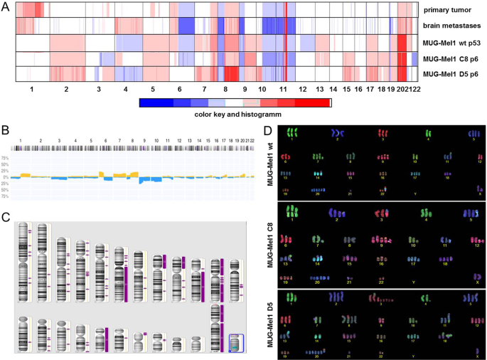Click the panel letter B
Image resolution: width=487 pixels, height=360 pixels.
5,131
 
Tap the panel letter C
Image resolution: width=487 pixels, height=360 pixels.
5,218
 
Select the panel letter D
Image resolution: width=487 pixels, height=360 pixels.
267,131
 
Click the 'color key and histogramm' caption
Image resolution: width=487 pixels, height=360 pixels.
235,113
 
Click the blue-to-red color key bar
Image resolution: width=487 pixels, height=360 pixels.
235,102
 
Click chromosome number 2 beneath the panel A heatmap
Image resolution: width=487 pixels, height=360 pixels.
65,90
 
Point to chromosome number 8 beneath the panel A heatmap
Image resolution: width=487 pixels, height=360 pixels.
226,90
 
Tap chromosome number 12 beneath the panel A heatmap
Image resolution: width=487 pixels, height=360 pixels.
302,90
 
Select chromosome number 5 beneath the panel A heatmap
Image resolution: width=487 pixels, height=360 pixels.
152,90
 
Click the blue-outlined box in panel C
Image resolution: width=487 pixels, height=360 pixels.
237,344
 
